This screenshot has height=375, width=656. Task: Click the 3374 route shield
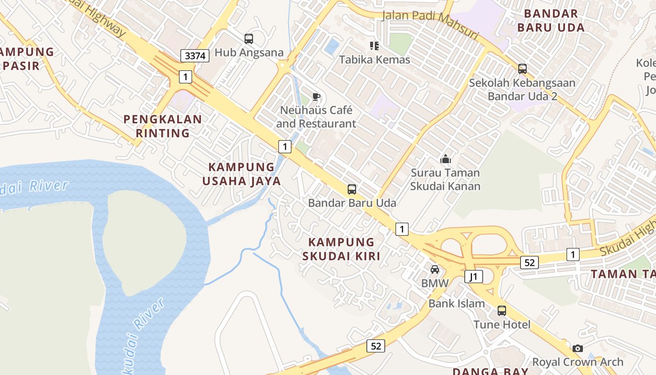tap(195, 56)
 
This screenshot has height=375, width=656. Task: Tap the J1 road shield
tap(474, 277)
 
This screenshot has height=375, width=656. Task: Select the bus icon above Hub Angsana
tap(249, 39)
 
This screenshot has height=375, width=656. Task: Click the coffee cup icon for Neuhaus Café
tap(316, 97)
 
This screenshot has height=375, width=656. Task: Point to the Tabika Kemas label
tap(374, 60)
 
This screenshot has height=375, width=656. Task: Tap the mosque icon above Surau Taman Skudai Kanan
tap(445, 159)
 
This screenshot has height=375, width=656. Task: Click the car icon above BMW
tap(435, 270)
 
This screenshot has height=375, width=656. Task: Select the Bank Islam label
tap(456, 303)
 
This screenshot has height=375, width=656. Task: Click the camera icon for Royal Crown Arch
tap(578, 348)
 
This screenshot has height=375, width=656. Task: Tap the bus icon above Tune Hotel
tap(502, 310)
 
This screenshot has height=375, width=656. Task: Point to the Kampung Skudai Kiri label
tap(342, 249)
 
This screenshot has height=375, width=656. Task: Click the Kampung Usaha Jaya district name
tap(241, 174)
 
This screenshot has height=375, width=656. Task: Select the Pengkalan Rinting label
tap(163, 126)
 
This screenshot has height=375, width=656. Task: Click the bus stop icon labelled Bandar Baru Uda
tap(352, 189)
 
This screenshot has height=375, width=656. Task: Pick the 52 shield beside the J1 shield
tap(529, 262)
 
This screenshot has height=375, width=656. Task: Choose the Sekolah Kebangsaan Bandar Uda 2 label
tap(522, 90)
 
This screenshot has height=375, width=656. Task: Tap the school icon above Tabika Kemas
tap(374, 45)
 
